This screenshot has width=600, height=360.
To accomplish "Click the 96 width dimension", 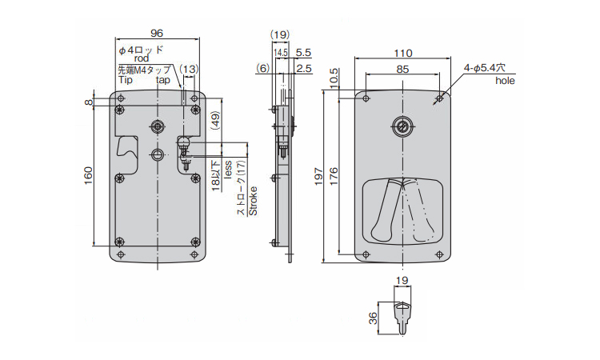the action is [x=157, y=34].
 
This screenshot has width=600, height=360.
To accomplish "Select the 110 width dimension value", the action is [x=403, y=53].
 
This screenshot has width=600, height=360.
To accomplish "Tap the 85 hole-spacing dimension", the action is [x=402, y=70].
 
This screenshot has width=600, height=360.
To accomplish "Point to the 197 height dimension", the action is [x=319, y=176].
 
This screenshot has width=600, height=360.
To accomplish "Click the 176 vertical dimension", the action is [x=334, y=176].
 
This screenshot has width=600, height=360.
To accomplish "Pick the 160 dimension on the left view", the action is [x=88, y=175].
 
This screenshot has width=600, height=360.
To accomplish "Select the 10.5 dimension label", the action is [x=334, y=78].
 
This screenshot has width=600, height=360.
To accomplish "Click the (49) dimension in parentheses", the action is [x=214, y=121].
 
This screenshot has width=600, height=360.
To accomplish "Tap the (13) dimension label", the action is [x=189, y=70].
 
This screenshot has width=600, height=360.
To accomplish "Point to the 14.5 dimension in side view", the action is [x=281, y=53].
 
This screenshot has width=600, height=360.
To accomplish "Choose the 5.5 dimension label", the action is [x=303, y=53].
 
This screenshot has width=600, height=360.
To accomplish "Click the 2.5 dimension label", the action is [x=304, y=69].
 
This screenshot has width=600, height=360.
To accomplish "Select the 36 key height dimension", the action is [x=373, y=318].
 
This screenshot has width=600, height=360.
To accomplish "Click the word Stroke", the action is [x=253, y=201].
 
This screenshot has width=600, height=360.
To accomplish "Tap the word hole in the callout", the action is [x=505, y=81].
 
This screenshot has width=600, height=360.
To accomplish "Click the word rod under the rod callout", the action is [x=142, y=58].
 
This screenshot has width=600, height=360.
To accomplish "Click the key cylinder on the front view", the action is [x=402, y=126].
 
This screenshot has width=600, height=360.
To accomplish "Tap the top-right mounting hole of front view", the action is [x=439, y=98].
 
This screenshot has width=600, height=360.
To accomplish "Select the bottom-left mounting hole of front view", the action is [x=366, y=254].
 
